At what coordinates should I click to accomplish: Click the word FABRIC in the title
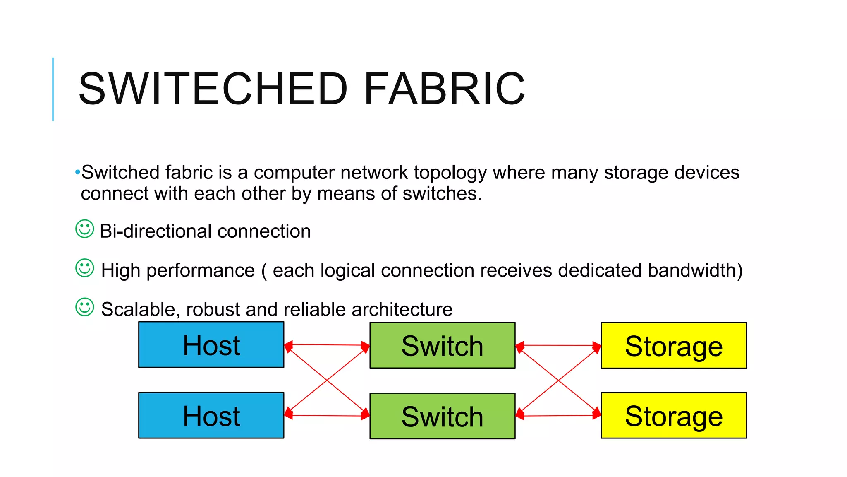(x=445, y=89)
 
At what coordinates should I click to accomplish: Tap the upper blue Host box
(x=211, y=345)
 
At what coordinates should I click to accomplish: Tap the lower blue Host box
(x=211, y=415)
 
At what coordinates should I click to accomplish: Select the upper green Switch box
(x=443, y=345)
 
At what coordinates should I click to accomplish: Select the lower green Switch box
(x=443, y=416)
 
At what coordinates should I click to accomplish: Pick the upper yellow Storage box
(x=674, y=345)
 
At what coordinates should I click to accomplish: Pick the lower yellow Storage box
(x=674, y=415)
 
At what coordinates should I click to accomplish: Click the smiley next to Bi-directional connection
(x=85, y=229)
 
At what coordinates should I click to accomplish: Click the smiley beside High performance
(x=85, y=268)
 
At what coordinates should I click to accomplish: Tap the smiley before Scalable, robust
(x=85, y=307)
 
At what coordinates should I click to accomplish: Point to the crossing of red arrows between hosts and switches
(x=327, y=380)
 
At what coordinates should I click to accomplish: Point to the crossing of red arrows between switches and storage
(x=558, y=380)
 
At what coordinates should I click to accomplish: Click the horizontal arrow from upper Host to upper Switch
(x=327, y=344)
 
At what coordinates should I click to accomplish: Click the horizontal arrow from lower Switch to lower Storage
(x=558, y=415)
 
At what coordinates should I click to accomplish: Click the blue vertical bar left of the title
(x=53, y=89)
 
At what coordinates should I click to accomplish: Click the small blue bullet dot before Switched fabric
(x=77, y=172)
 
